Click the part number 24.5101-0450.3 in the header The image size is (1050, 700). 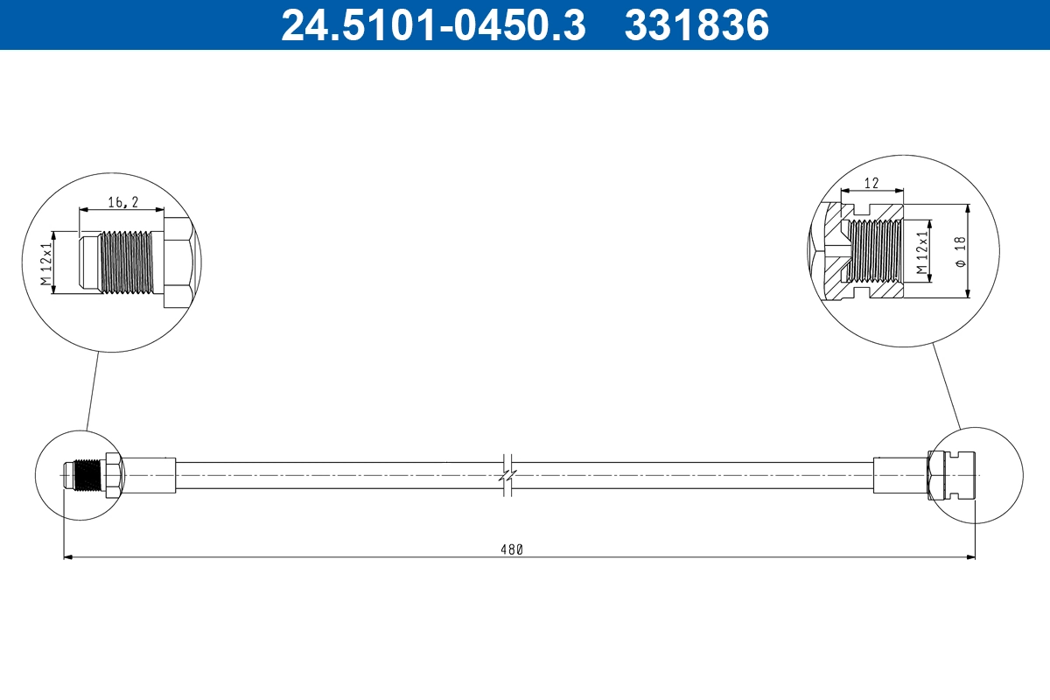click(432, 24)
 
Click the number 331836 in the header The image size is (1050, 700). click(696, 24)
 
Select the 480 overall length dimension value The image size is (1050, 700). click(511, 549)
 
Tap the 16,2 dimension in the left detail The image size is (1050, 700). click(122, 202)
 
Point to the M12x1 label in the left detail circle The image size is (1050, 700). click(46, 262)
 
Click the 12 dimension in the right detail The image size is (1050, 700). click(871, 183)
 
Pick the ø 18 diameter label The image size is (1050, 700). click(960, 250)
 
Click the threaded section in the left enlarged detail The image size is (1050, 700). click(129, 262)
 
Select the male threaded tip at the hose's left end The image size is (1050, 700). click(83, 475)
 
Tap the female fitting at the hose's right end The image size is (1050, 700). click(954, 475)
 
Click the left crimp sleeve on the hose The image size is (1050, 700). click(149, 475)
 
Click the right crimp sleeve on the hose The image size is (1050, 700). click(899, 475)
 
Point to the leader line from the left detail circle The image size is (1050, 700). click(93, 390)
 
